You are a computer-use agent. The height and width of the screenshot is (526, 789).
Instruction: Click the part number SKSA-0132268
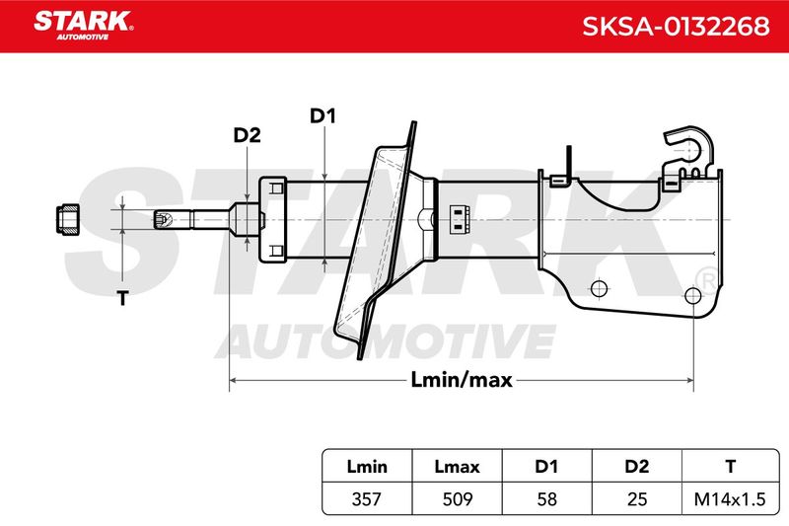tap(676, 26)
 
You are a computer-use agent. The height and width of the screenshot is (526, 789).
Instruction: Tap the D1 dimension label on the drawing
tap(323, 116)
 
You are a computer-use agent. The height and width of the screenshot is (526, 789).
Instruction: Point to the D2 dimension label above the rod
tap(248, 135)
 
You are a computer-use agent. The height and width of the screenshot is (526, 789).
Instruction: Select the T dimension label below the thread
tap(122, 298)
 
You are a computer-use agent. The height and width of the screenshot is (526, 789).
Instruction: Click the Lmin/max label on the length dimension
tap(462, 380)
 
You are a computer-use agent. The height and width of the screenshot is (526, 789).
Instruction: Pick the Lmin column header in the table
tap(367, 467)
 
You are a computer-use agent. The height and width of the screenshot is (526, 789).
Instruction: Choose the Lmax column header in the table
tap(457, 467)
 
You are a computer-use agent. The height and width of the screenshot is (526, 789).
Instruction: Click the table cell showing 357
tap(367, 498)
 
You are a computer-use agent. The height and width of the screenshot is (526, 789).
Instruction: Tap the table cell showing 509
tap(458, 498)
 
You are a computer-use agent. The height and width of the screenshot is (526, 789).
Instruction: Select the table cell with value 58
tap(547, 498)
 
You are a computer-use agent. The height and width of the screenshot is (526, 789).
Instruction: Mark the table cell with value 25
tap(637, 498)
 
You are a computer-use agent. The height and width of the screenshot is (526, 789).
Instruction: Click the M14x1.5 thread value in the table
tap(730, 498)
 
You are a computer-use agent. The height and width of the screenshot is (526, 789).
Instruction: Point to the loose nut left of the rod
tap(68, 219)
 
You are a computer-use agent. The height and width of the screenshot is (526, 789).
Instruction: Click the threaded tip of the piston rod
tap(163, 219)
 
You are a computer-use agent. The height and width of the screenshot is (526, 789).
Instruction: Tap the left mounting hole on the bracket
tap(599, 288)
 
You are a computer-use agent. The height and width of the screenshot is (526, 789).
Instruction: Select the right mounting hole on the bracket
tap(693, 295)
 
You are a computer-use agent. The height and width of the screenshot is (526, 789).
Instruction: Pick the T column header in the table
tap(730, 467)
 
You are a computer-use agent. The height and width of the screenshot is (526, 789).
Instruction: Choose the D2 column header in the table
tap(637, 467)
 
